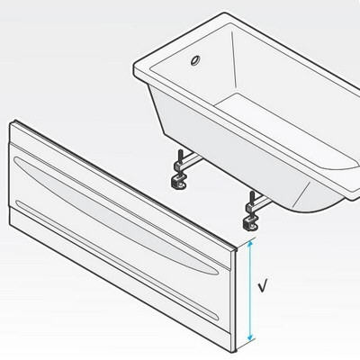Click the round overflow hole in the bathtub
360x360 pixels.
pyautogui.click(x=196, y=60)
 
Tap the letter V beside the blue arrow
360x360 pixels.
pyautogui.click(x=263, y=285)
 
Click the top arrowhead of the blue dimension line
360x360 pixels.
pyautogui.click(x=250, y=244)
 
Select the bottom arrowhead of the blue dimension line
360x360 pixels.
pyautogui.click(x=250, y=337)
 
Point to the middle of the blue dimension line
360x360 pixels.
pyautogui.click(x=250, y=291)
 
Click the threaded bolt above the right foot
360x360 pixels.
pyautogui.click(x=252, y=197)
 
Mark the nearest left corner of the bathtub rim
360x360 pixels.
pyautogui.click(x=134, y=67)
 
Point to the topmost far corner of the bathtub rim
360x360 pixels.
pyautogui.click(x=226, y=13)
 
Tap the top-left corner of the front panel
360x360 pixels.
pyautogui.click(x=10, y=123)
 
